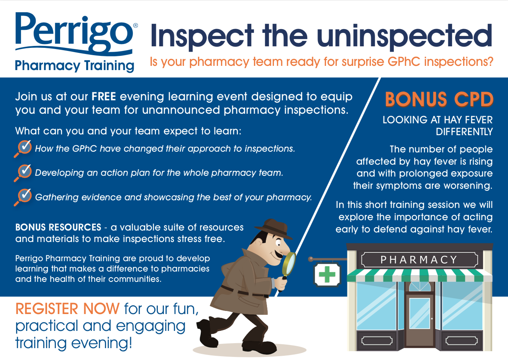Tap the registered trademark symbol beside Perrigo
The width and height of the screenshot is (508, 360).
click(x=136, y=25)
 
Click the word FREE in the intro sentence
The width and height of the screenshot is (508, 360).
click(x=104, y=97)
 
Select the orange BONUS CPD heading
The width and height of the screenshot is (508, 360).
click(x=439, y=99)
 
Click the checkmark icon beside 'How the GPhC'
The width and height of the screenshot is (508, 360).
click(x=24, y=148)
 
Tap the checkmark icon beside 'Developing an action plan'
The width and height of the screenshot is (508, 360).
click(x=24, y=172)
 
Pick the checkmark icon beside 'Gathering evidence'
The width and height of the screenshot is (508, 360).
click(x=24, y=197)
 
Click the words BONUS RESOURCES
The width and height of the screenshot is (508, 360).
click(x=58, y=227)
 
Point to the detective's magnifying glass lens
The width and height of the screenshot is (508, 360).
click(x=289, y=263)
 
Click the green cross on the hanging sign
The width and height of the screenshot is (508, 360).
click(x=327, y=274)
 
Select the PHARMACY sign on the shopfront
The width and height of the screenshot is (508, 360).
click(x=419, y=260)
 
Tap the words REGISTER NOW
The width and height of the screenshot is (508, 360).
click(x=67, y=309)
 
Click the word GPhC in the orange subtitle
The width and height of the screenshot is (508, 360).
click(x=404, y=61)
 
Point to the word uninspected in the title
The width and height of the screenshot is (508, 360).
click(x=405, y=36)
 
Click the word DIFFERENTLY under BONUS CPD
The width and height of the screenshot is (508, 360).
click(x=464, y=132)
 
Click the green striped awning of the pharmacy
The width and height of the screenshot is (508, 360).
click(x=420, y=275)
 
